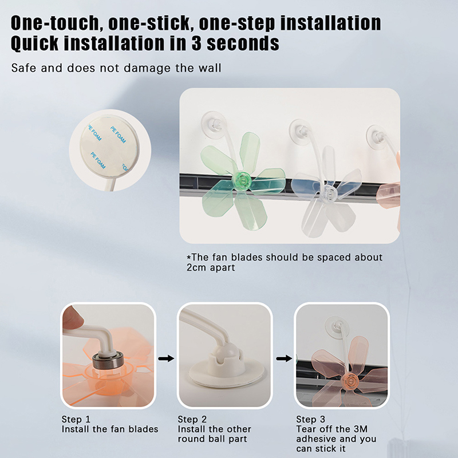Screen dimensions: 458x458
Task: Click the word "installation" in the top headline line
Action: click(331, 23)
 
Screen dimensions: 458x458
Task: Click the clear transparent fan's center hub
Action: click(330, 192)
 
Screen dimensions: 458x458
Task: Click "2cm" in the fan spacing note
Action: click(196, 267)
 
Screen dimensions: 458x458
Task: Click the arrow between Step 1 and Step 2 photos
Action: click(166, 358)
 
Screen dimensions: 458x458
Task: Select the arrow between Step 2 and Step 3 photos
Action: click(284, 358)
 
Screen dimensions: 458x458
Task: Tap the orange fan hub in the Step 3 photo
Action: click(350, 381)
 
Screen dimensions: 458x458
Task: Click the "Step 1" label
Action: click(76, 420)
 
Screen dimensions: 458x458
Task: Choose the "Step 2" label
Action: click(192, 420)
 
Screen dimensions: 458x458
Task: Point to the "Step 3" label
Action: click(310, 420)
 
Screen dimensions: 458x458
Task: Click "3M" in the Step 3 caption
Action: click(361, 429)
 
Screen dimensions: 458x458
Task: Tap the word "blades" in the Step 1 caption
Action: click(143, 429)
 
